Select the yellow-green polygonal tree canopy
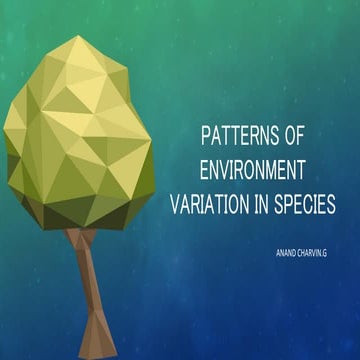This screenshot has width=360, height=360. (80, 140)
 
